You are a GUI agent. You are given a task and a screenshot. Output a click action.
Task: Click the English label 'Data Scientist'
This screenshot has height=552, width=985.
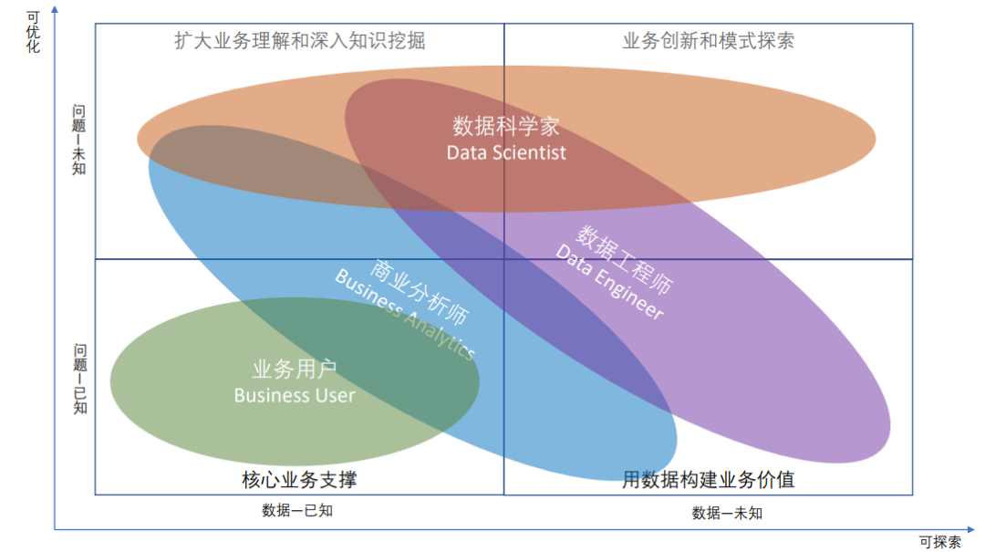point(506,152)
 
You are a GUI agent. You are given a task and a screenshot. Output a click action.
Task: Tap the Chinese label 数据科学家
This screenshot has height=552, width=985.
point(506,126)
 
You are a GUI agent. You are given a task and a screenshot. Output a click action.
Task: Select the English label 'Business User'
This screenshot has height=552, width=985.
point(294,395)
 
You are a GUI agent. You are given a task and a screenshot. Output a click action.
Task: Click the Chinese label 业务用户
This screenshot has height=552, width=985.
point(294,370)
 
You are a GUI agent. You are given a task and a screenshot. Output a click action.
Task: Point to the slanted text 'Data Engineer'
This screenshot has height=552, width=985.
point(608,282)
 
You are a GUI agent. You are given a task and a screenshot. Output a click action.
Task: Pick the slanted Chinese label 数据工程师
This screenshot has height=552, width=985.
point(626,259)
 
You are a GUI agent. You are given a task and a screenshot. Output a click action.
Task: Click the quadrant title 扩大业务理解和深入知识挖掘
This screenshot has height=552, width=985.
point(300,41)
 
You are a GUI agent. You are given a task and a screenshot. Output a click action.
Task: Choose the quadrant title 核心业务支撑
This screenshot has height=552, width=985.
point(298,479)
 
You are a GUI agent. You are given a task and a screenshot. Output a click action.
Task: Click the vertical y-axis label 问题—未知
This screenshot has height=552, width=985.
point(79,140)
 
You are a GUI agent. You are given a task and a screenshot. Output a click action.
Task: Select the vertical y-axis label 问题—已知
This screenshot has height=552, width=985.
point(80,378)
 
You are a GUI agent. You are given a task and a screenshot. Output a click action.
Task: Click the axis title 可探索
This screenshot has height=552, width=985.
point(939,542)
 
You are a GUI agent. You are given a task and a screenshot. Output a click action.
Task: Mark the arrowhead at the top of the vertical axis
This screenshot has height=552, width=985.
point(54,9)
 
